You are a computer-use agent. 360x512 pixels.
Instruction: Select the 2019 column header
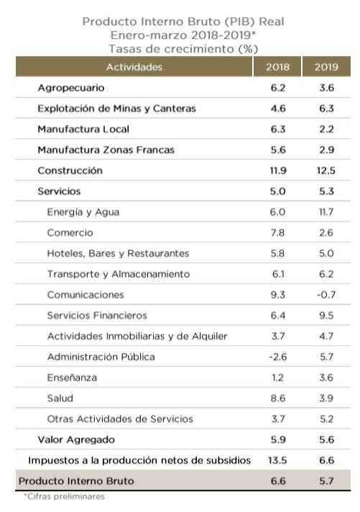click(326, 67)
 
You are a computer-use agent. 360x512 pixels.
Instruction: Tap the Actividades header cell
click(134, 67)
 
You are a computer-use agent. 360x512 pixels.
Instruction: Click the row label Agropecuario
click(71, 88)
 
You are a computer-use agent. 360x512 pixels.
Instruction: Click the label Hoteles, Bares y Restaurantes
click(118, 253)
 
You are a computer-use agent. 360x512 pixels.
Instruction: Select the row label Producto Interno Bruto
click(76, 480)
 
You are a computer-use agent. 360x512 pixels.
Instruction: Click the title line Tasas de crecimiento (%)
click(183, 48)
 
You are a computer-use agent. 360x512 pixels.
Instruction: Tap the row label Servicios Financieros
click(97, 315)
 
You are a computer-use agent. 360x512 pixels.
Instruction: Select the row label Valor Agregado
click(76, 439)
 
